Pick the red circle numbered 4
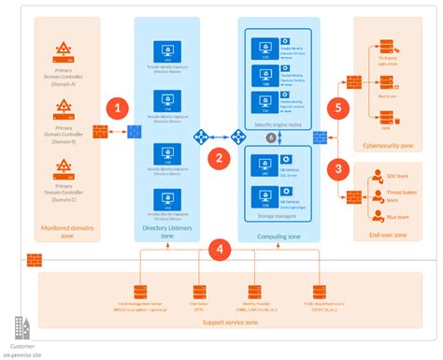click(x=219, y=249)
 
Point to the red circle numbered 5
click(x=341, y=107)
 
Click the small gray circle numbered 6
click(x=271, y=137)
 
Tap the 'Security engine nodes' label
click(x=272, y=122)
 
